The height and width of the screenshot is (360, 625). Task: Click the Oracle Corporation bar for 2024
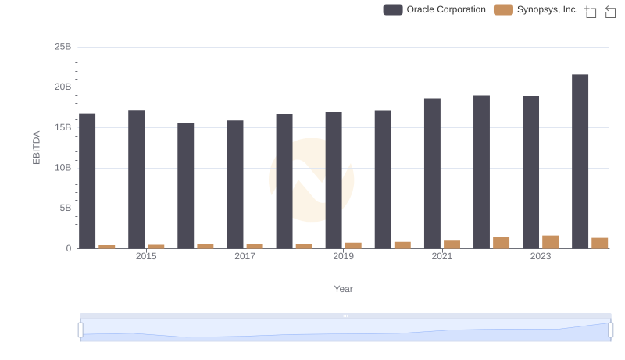point(580,162)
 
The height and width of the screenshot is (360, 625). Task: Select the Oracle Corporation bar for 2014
point(87,181)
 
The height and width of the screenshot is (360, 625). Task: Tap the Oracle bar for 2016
point(186,186)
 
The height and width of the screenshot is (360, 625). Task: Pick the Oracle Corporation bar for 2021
point(432,173)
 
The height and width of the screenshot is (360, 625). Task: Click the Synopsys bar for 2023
point(551,242)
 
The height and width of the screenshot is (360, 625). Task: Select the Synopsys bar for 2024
point(600,243)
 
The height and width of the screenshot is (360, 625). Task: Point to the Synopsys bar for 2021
point(452,244)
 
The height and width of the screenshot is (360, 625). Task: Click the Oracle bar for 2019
point(334,180)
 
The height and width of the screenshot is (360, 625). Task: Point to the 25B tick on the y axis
point(62,47)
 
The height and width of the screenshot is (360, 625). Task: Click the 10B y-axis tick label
point(62,168)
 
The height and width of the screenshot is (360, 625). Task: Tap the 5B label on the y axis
point(65,209)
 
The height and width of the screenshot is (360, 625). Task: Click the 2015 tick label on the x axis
point(146,256)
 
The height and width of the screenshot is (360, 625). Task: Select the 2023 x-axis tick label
point(541,256)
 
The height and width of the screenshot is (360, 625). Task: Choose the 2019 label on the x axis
point(343,256)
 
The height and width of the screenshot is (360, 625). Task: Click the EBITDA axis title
point(36,148)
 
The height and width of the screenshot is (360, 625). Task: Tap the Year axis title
point(343,289)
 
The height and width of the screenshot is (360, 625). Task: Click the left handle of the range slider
point(80,330)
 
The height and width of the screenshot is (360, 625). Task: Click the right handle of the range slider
point(610,330)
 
